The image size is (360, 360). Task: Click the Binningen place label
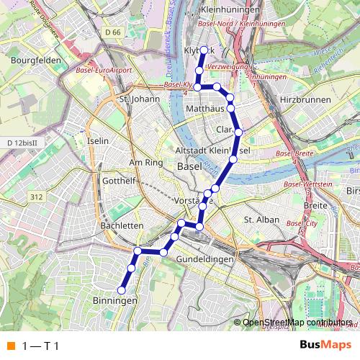(x=115, y=300)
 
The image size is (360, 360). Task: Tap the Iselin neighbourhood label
(x=96, y=142)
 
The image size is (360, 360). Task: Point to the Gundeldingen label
(x=205, y=258)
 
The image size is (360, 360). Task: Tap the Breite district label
(x=315, y=206)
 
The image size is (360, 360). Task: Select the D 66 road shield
(x=112, y=32)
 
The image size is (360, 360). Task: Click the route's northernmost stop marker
(x=204, y=50)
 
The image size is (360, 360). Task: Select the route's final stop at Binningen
(x=122, y=290)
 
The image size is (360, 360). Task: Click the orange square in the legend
(x=10, y=346)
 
